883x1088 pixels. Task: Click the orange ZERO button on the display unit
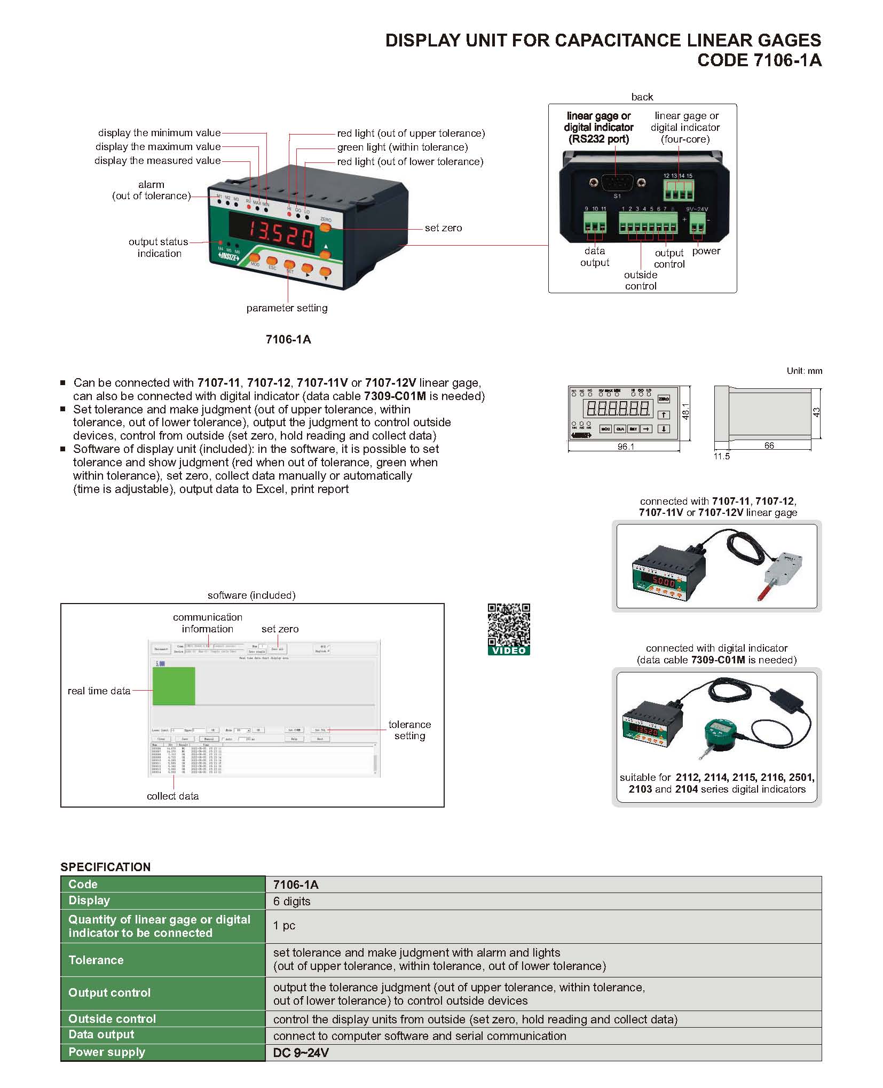click(x=325, y=228)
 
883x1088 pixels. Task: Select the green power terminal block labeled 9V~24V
click(x=697, y=223)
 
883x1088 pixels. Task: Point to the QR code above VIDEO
click(x=509, y=624)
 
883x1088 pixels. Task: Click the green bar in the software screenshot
click(x=174, y=686)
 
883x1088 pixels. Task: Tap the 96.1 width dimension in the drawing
click(x=626, y=447)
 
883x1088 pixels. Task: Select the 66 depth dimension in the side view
click(x=769, y=445)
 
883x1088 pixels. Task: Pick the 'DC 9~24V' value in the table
click(x=301, y=1053)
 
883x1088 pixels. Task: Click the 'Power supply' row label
click(x=107, y=1052)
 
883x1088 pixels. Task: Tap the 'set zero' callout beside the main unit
click(x=443, y=228)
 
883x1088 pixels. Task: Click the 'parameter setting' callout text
click(x=287, y=308)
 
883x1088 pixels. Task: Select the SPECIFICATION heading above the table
click(x=105, y=867)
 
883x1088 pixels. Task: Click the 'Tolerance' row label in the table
click(x=96, y=960)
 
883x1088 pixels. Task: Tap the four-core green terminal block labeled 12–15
click(x=679, y=190)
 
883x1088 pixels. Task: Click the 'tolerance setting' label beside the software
click(x=409, y=730)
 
